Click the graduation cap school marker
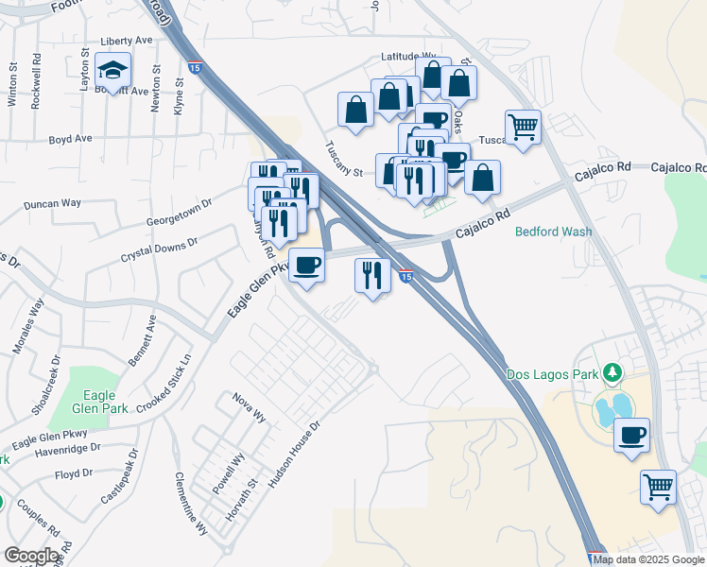(x=113, y=71)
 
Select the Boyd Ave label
(x=70, y=139)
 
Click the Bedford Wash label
(x=553, y=232)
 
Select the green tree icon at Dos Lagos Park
(x=612, y=374)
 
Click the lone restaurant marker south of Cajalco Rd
(x=372, y=276)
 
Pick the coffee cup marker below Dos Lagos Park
(x=632, y=436)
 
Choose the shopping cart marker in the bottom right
(x=658, y=488)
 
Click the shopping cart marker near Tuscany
(x=523, y=125)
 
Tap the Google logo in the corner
(x=32, y=556)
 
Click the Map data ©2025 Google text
(x=649, y=559)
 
